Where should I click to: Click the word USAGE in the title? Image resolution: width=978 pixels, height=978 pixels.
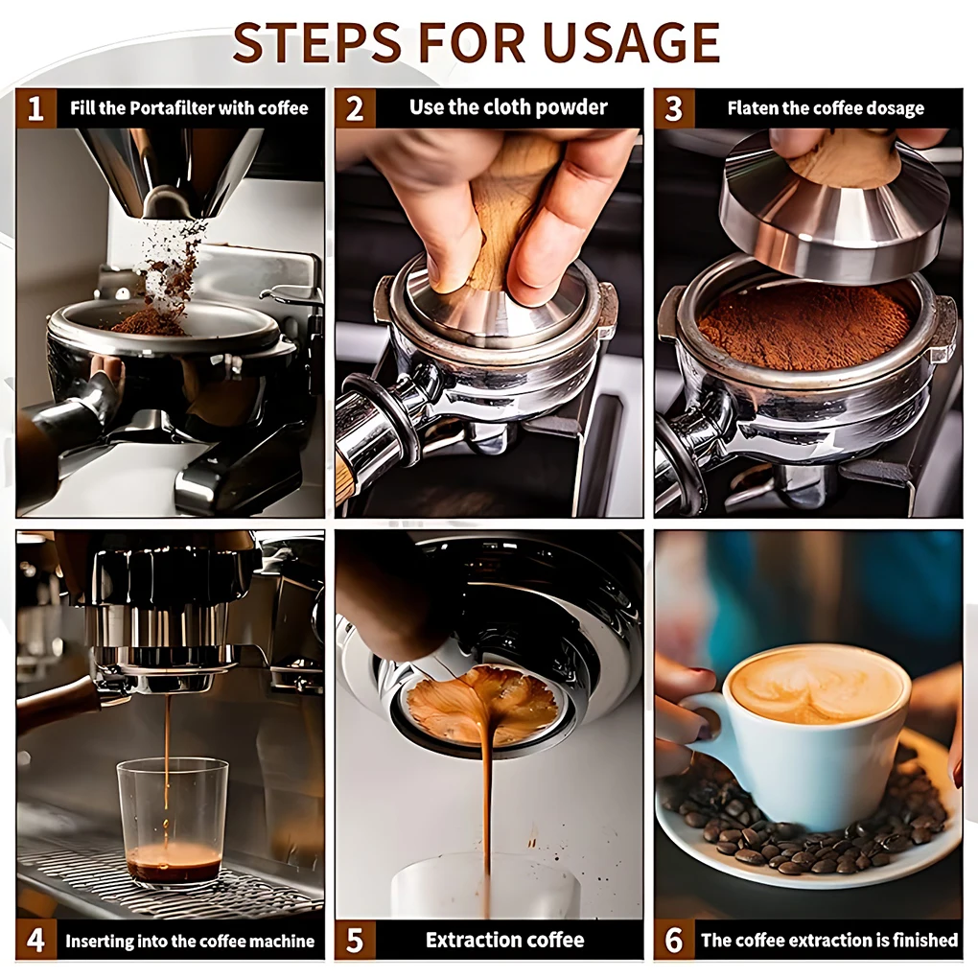click(631, 42)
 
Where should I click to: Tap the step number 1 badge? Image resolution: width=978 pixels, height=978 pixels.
click(35, 108)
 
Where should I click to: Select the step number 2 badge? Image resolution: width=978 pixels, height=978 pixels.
click(355, 108)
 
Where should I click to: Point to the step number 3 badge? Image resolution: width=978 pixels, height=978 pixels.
click(674, 108)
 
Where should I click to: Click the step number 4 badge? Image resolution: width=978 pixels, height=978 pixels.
click(35, 940)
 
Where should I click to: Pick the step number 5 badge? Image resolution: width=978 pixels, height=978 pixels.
click(355, 940)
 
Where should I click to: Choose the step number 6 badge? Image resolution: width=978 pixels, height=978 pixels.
click(674, 940)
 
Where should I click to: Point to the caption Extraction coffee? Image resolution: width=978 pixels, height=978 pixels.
click(505, 940)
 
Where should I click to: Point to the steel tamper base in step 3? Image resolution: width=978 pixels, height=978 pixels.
click(833, 212)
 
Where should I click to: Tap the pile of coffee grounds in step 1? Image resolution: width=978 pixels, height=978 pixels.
click(150, 322)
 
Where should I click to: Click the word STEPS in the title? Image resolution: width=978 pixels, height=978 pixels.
click(317, 42)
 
